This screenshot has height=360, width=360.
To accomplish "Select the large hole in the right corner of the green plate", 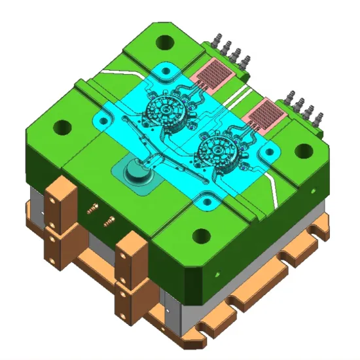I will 303,150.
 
